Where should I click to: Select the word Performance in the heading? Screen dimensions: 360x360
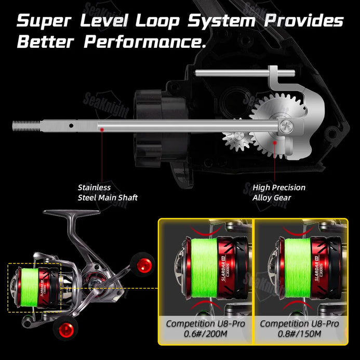click(145, 42)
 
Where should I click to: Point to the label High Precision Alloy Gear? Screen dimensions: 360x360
click(279, 192)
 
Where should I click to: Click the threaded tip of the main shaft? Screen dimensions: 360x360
click(26, 125)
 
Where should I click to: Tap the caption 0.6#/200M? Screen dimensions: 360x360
click(205, 334)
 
